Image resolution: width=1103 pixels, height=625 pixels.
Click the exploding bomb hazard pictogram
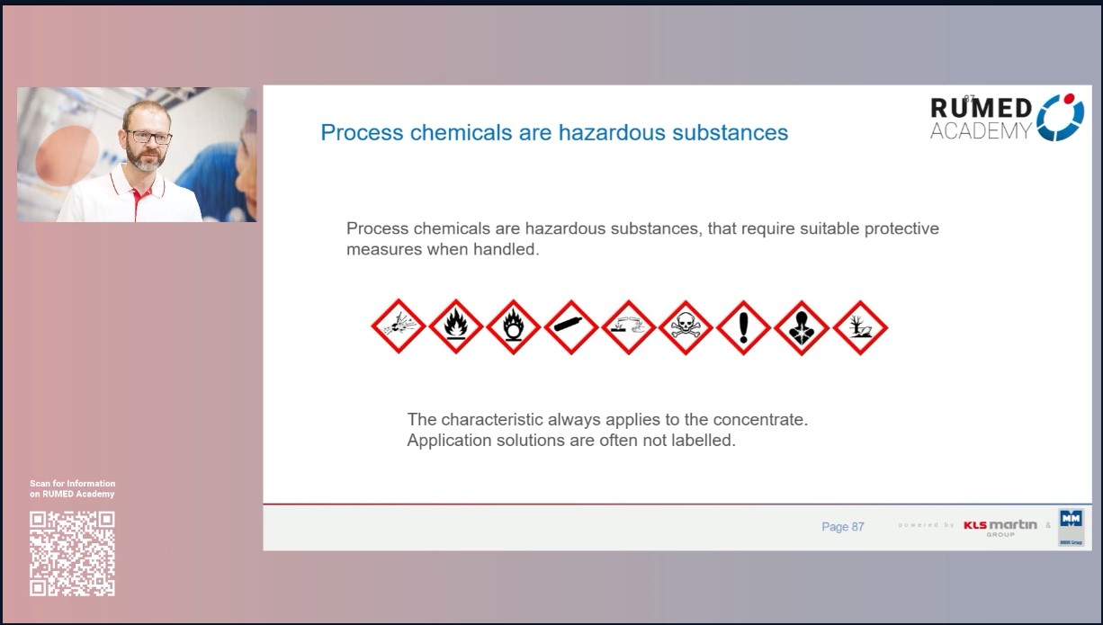pos(399,327)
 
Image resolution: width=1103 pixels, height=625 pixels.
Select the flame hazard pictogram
pos(456,327)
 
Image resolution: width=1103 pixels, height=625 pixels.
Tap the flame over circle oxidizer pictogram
pos(514,327)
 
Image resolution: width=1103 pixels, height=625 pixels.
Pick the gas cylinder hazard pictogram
pos(571,327)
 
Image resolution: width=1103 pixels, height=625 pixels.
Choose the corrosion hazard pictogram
pos(629,327)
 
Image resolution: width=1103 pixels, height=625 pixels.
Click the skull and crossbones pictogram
pos(686,327)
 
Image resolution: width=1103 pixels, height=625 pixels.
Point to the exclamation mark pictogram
pos(744,327)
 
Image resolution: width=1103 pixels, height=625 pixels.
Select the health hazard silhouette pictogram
pos(802,327)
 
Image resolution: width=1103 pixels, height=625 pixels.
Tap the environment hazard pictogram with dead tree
pos(860,327)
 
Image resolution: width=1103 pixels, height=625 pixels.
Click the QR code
pos(73,553)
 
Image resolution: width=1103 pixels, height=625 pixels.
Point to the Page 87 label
pos(842,527)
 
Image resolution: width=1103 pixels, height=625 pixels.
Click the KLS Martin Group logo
pos(1000,527)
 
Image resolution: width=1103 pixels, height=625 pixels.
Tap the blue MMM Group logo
pos(1071,527)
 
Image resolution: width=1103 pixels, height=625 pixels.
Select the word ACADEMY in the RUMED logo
pos(981,131)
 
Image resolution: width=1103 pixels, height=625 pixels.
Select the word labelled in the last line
pos(705,442)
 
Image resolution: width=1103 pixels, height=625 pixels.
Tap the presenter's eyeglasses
pos(148,138)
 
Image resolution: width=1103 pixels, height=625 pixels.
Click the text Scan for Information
pos(73,484)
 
